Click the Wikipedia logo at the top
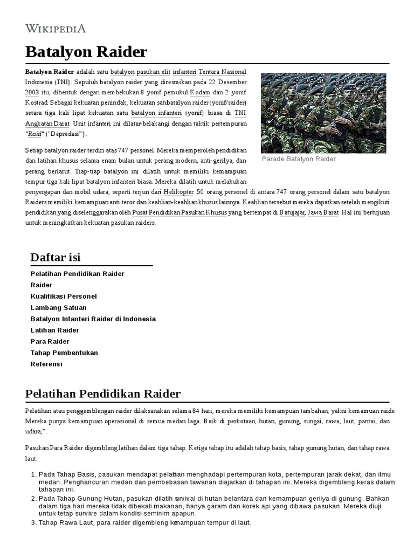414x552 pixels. pos(56,29)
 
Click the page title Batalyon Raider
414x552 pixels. pos(86,52)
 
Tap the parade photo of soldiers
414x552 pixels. pos(323,113)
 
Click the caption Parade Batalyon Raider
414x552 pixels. pos(299,159)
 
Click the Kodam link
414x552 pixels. pos(200,92)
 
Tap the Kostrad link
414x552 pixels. pos(37,102)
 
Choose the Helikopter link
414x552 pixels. pos(178,192)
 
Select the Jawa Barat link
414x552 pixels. pos(323,212)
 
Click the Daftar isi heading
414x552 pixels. pos(56,257)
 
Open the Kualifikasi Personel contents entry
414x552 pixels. pos(64,296)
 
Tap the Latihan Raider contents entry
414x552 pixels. pos(55,330)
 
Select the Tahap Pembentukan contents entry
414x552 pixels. pos(64,353)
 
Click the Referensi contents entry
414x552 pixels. pos(46,364)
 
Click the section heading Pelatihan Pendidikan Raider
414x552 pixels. pos(103,393)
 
